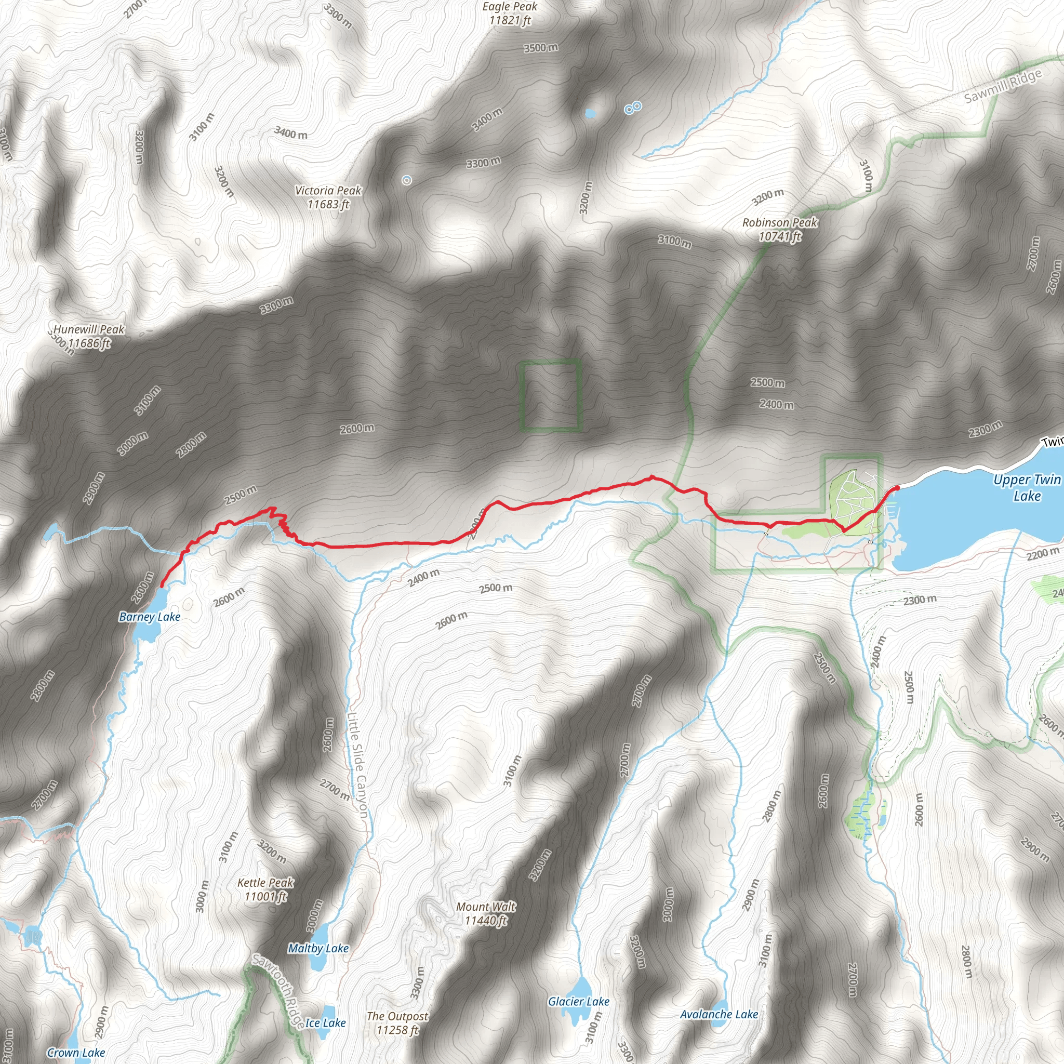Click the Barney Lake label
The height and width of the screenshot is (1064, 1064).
(x=150, y=617)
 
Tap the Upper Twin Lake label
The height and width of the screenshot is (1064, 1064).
(x=1027, y=487)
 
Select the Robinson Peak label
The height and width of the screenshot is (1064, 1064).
(x=779, y=230)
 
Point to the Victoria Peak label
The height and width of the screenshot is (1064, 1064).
(x=328, y=197)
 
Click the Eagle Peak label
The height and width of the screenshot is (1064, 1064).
(x=510, y=13)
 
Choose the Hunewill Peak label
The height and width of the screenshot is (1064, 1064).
(x=89, y=336)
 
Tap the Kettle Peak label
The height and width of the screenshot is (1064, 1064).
(x=265, y=889)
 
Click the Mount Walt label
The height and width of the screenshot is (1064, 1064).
(x=486, y=913)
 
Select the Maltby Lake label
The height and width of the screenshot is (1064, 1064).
(x=318, y=948)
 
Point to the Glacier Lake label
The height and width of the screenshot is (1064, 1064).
(x=578, y=1001)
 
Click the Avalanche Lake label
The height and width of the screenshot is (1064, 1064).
(x=719, y=1014)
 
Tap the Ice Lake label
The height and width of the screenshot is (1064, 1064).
(x=325, y=1022)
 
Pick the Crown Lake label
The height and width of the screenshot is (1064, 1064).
(x=76, y=1053)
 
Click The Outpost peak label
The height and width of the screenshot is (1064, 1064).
(x=397, y=1022)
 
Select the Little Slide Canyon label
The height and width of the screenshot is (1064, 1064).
(x=358, y=765)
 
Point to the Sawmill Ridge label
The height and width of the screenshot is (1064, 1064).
(x=1003, y=87)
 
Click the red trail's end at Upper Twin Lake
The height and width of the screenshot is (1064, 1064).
(x=897, y=488)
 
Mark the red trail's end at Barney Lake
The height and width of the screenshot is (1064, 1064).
(x=162, y=587)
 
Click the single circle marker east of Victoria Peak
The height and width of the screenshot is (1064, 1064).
(x=406, y=180)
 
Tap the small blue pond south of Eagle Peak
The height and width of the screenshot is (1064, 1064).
(x=590, y=113)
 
